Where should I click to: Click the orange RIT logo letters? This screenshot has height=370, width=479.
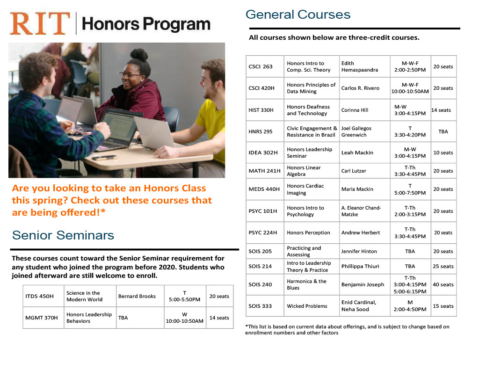tap(40, 24)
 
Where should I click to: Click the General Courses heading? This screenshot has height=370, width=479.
tap(298, 15)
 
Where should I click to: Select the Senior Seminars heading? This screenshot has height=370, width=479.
tap(63, 235)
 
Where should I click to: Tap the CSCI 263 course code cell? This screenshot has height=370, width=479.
tap(261, 66)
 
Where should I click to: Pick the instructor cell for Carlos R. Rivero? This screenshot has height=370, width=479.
tap(360, 88)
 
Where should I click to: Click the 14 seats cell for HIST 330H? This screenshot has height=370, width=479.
tap(441, 110)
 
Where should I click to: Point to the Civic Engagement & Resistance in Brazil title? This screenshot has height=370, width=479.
tap(312, 131)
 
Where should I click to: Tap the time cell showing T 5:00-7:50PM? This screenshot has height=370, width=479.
tap(410, 189)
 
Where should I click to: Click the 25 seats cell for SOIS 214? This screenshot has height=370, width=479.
tap(443, 266)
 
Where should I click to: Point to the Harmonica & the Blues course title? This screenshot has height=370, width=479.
tap(306, 284)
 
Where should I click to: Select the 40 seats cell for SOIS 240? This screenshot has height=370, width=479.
tap(443, 284)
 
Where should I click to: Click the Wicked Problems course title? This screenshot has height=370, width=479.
tap(307, 306)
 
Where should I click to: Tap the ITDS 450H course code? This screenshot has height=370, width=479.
tap(39, 296)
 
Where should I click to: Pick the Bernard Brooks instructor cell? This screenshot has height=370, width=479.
tap(137, 296)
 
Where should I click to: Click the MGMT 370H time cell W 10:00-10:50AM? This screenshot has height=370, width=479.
tap(185, 318)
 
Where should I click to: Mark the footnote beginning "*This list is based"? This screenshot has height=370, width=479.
tap(347, 330)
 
